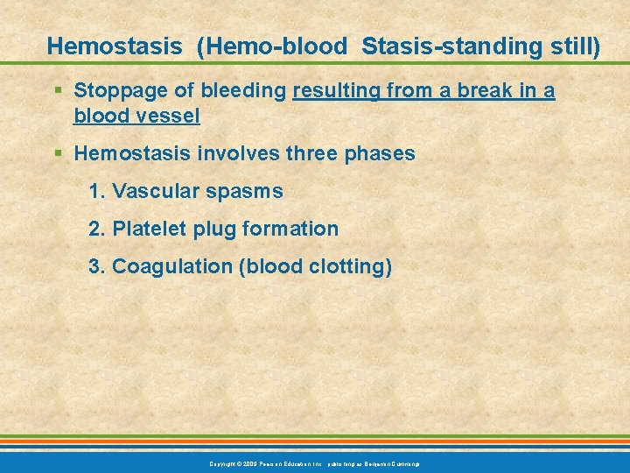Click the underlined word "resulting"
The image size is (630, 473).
tap(336, 90)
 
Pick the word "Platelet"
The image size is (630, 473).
tap(148, 229)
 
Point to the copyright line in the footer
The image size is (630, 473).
tap(315, 462)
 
